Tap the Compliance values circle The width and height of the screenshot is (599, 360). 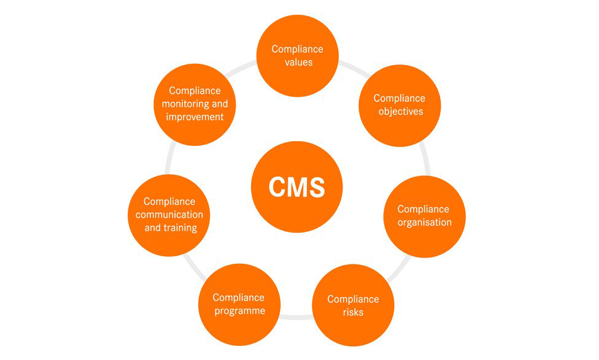coord(297,55)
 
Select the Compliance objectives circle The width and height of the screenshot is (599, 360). coord(400,105)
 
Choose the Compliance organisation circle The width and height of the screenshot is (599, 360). coord(424,216)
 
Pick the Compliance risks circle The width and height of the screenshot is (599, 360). coord(353,305)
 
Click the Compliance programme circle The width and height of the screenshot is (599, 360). coord(239,304)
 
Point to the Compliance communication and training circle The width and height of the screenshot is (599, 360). coord(169,215)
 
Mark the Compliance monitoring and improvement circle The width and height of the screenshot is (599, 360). coord(195,104)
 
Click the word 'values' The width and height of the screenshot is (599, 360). coord(299,62)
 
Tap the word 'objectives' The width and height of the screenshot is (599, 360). coord(400,111)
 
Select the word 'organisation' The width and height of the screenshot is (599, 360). coord(424,222)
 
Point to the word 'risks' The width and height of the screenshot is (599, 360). coord(354,312)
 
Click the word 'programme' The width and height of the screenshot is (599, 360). coord(239,310)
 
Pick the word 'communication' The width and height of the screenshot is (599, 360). coord(169,215)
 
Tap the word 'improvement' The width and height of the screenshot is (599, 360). coord(195,117)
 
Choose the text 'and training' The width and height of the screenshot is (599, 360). coord(171,228)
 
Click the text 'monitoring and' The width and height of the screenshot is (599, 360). coord(195,104)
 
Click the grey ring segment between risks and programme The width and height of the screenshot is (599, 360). coord(296,316)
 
